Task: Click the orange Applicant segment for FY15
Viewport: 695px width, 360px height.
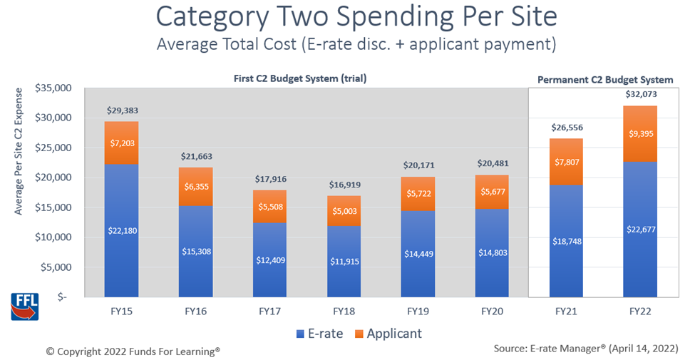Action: coord(121,143)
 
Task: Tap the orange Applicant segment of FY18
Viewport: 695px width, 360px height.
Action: coord(344,211)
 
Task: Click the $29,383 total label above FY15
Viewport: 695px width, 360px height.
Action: coord(122,110)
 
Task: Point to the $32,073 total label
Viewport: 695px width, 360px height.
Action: coord(640,95)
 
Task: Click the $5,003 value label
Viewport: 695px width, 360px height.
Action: coord(344,212)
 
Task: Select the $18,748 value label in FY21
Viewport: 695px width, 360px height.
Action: coord(566,242)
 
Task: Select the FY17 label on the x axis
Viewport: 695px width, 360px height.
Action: coord(270,311)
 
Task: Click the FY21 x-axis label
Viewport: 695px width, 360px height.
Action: coord(566,311)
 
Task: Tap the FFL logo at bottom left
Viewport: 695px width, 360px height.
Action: coord(24,304)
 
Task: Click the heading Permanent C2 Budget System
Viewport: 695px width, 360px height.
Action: coord(604,80)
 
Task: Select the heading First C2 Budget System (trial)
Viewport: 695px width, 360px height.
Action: coord(300,78)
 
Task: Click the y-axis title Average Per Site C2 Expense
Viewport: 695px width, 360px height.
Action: coord(19,151)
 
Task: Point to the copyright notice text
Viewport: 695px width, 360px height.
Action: coord(133,351)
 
